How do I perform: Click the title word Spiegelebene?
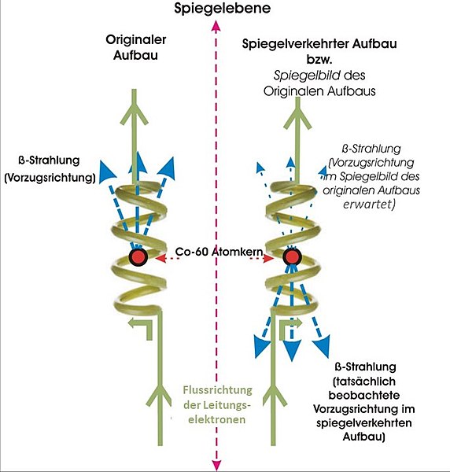coord(222,9)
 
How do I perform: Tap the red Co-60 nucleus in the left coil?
coord(138,256)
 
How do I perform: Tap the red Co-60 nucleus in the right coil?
coord(292,256)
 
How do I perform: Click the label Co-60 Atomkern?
coord(219,252)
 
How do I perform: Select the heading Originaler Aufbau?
coord(135,47)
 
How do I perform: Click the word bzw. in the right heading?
coord(319,59)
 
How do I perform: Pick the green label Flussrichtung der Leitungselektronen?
coord(217,404)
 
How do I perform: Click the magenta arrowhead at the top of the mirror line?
coord(216,26)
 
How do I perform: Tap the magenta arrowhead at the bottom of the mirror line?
coord(216,465)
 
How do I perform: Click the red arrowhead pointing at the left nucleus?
coord(160,258)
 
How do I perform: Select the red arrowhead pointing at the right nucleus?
coord(269,258)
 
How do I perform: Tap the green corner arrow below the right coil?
coord(290,326)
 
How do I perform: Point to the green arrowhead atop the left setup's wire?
coord(135,114)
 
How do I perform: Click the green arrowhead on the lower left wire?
coord(160,395)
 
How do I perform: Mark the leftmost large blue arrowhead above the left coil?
coord(106,171)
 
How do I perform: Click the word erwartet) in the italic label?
coord(369,205)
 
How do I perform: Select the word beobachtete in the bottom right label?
coord(364,395)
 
